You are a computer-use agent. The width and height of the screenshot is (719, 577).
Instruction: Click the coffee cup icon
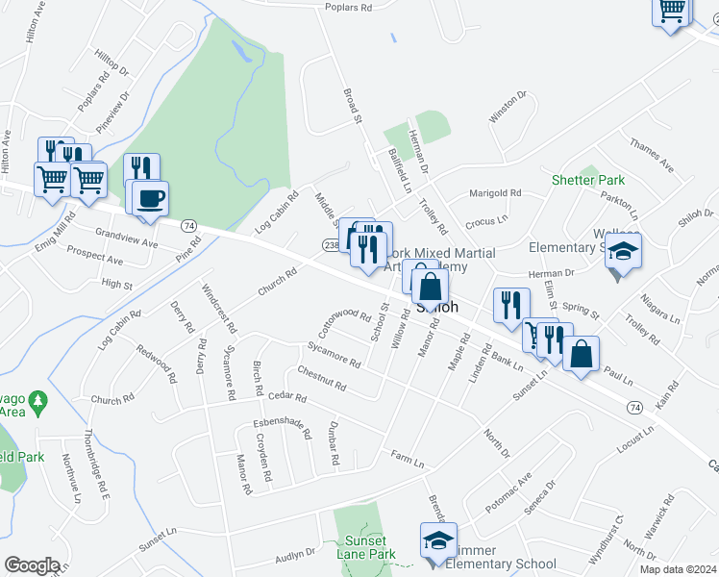pyautogui.click(x=148, y=199)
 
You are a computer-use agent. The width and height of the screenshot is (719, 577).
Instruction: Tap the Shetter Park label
pyautogui.click(x=588, y=180)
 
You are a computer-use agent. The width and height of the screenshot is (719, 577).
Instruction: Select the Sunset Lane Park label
pyautogui.click(x=369, y=547)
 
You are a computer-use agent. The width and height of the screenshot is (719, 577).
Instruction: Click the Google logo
pyautogui.click(x=32, y=565)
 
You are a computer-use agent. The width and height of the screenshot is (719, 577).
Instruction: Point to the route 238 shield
pyautogui.click(x=330, y=245)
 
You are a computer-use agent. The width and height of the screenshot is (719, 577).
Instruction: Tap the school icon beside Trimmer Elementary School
pyautogui.click(x=438, y=539)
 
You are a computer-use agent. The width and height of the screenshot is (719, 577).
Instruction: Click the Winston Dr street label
pyautogui.click(x=508, y=107)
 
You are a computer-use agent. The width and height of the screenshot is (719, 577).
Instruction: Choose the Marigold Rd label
pyautogui.click(x=494, y=193)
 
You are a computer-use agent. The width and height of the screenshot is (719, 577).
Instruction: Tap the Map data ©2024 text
pyautogui.click(x=677, y=569)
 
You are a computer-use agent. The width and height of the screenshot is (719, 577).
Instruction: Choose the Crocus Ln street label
pyautogui.click(x=485, y=221)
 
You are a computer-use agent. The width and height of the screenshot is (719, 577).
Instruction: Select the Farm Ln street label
pyautogui.click(x=408, y=458)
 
